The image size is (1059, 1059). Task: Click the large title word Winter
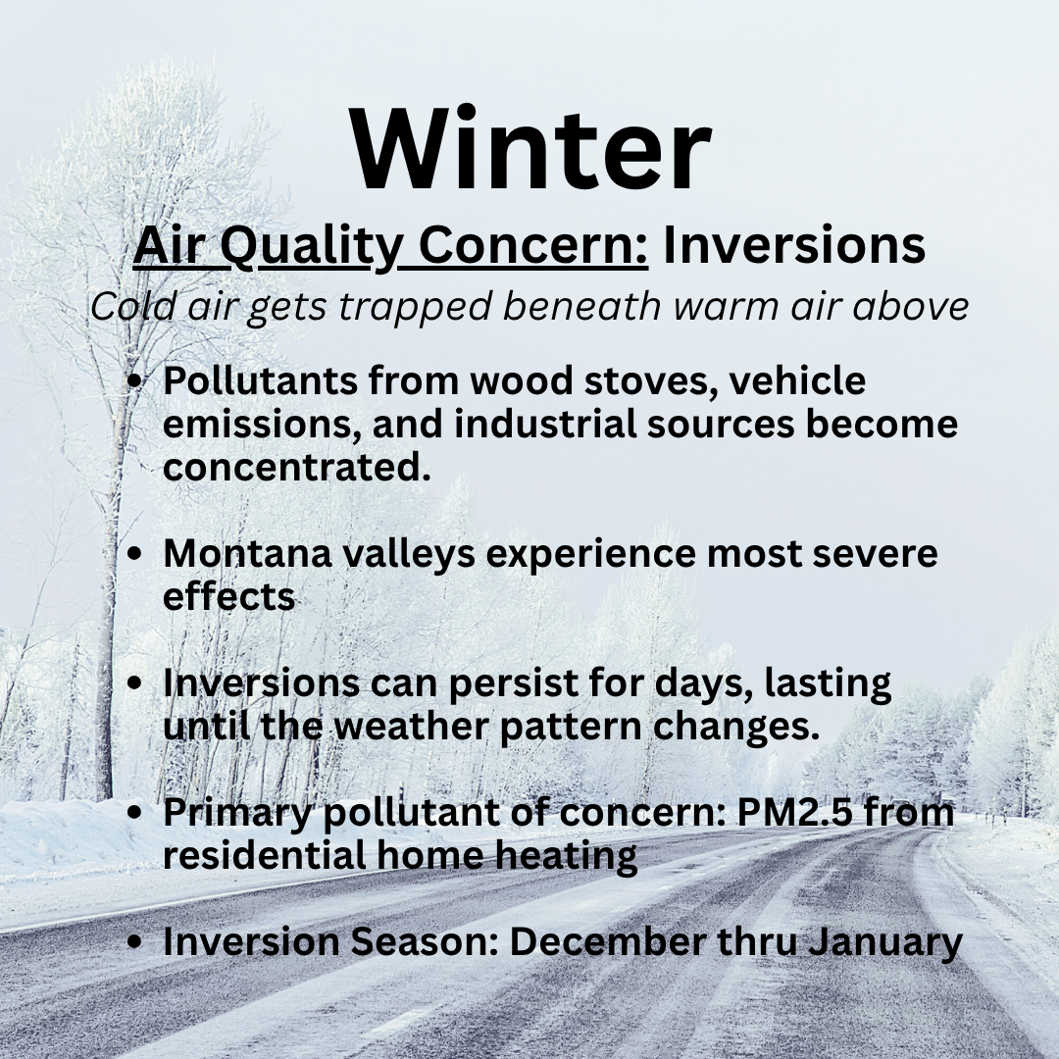530,149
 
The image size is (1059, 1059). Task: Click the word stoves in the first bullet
650,380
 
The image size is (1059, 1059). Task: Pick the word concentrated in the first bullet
297,468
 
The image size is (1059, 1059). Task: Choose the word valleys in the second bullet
409,555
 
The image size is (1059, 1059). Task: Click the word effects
229,596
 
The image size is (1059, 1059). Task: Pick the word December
607,941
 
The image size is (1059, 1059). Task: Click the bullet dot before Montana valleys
135,554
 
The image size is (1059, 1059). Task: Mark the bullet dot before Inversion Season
135,941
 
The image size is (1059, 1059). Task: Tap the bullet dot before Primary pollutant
135,813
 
